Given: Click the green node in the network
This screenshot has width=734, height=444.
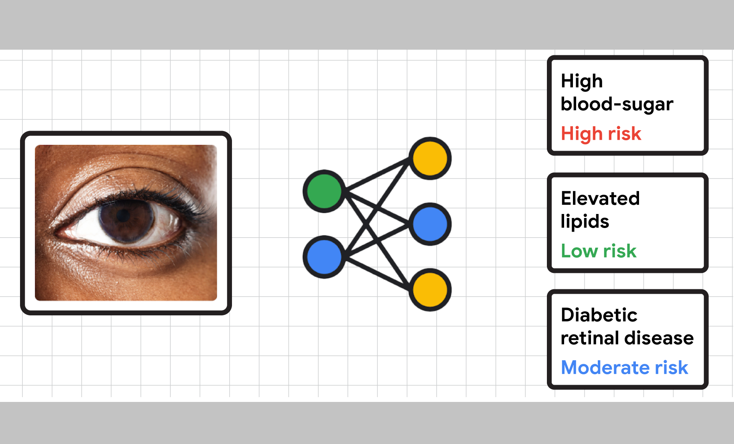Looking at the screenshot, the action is coord(324,191).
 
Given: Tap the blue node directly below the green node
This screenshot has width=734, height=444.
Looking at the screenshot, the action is coord(324,257).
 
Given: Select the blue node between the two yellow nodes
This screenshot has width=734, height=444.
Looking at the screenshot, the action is coord(430,224).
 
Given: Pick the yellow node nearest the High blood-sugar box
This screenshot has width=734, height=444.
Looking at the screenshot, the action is coord(430,158).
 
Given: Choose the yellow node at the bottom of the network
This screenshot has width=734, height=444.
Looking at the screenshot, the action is coord(430,290).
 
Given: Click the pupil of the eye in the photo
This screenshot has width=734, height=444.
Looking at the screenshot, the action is coord(123,216).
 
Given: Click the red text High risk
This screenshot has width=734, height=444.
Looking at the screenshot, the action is coord(601,134).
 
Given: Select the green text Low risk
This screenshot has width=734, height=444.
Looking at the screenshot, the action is coord(598,251).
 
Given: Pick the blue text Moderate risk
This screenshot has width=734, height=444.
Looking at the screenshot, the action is coord(624,368).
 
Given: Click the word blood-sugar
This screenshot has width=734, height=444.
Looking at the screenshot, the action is coord(617,104).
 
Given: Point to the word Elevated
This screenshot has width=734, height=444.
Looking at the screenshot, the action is coord(600,198).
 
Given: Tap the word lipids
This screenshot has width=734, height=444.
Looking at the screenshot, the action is coord(585,222).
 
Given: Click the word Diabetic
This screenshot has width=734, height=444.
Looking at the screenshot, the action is coord(599,315).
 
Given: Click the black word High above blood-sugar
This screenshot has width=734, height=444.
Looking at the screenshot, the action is coord(581,81).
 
